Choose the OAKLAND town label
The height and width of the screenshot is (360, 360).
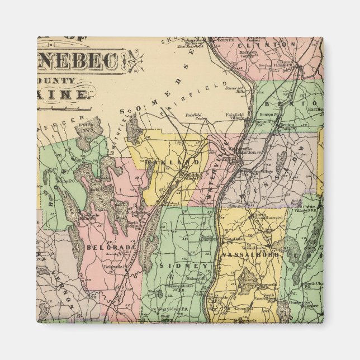click(173, 162)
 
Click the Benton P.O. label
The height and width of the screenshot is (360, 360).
click(268, 114)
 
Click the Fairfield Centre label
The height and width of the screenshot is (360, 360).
click(193, 117)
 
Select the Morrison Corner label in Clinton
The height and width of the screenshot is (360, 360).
click(248, 55)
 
